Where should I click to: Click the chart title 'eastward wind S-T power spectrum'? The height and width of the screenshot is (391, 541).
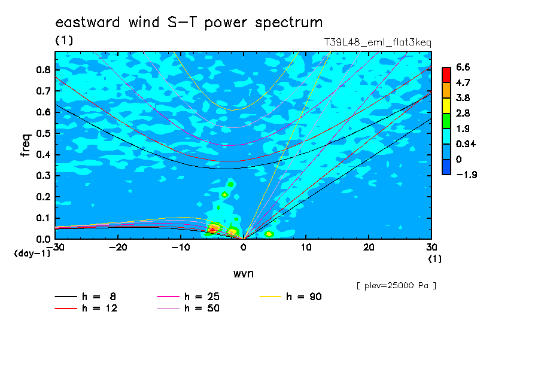pyautogui.click(x=189, y=22)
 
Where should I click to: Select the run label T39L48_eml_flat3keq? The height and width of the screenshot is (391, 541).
pyautogui.click(x=378, y=42)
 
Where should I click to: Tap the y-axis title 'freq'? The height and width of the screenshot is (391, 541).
pyautogui.click(x=25, y=145)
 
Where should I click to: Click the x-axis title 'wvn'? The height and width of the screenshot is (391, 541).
pyautogui.click(x=244, y=274)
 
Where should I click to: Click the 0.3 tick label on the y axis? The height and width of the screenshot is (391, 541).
pyautogui.click(x=44, y=176)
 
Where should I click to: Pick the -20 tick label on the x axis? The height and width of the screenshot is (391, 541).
pyautogui.click(x=118, y=248)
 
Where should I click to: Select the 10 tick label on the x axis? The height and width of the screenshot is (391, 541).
pyautogui.click(x=306, y=248)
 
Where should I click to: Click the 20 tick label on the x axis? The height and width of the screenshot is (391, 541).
pyautogui.click(x=369, y=248)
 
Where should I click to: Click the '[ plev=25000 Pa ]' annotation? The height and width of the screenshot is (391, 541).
pyautogui.click(x=396, y=286)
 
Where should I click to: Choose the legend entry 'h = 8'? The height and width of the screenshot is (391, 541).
pyautogui.click(x=85, y=297)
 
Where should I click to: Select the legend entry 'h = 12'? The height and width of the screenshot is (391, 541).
pyautogui.click(x=86, y=308)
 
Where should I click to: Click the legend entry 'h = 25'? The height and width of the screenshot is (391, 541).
pyautogui.click(x=188, y=297)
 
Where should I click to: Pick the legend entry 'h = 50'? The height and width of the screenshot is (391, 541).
pyautogui.click(x=188, y=308)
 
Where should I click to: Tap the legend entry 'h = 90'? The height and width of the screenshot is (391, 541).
pyautogui.click(x=290, y=297)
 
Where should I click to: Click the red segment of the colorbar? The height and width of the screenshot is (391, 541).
pyautogui.click(x=446, y=75)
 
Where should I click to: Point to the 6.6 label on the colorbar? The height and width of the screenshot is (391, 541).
pyautogui.click(x=463, y=67)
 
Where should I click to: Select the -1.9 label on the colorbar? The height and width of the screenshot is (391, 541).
pyautogui.click(x=466, y=175)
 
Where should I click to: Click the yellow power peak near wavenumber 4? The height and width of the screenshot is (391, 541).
pyautogui.click(x=269, y=234)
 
